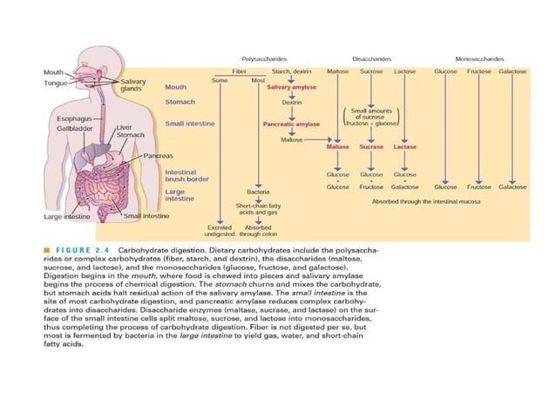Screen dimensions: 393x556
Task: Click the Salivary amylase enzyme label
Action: click(x=290, y=87)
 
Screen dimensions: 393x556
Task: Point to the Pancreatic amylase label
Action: click(x=291, y=124)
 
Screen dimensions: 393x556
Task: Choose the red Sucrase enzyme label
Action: click(x=371, y=147)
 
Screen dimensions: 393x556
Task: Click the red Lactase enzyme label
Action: click(x=404, y=147)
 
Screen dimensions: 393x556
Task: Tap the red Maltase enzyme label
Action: click(x=337, y=147)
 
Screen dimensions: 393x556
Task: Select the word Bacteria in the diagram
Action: click(x=257, y=191)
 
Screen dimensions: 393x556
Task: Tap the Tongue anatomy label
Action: click(x=57, y=83)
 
